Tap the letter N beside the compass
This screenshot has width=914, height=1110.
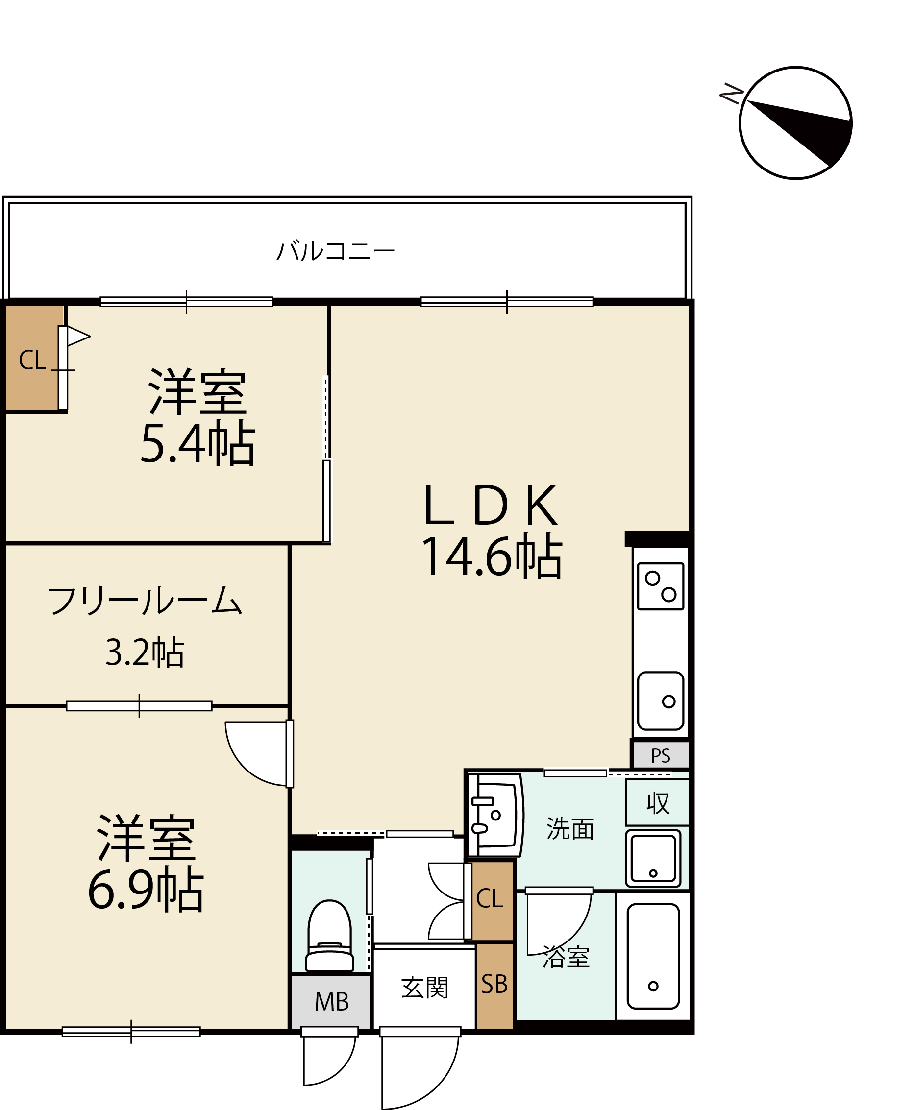click(x=731, y=93)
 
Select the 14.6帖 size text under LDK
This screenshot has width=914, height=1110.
click(x=492, y=557)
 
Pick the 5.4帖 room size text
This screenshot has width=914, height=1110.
click(x=198, y=443)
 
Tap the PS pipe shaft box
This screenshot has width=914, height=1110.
click(x=660, y=755)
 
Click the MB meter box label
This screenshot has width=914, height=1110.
click(x=332, y=1002)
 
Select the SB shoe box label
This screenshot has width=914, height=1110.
click(x=494, y=984)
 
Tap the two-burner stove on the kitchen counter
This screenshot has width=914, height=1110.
click(x=661, y=586)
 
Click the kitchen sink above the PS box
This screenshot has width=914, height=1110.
click(x=661, y=700)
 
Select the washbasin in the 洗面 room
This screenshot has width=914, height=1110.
click(x=495, y=815)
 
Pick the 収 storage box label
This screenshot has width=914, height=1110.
click(x=658, y=803)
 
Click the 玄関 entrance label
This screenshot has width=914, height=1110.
click(x=424, y=988)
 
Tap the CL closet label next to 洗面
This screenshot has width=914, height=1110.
click(x=490, y=898)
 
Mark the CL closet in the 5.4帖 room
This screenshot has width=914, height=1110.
click(x=32, y=358)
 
